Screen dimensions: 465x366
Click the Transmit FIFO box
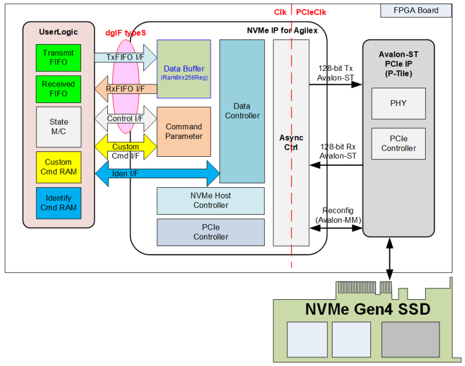point(58,58)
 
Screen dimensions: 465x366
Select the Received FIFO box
point(58,89)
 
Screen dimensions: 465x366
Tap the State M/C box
point(58,127)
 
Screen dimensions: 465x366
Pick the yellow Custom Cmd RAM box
point(58,168)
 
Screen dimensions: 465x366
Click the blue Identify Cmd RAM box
point(58,203)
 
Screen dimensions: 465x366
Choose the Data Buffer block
point(184,69)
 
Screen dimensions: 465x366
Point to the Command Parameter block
point(184,132)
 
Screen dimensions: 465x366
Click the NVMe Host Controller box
point(210,201)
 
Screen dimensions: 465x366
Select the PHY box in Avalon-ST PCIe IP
point(399,104)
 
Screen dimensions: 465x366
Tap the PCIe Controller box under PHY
point(399,144)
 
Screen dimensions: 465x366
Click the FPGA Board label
point(416,11)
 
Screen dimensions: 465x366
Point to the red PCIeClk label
point(311,13)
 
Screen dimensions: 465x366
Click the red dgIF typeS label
point(126,33)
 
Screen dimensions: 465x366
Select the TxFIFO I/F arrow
point(126,58)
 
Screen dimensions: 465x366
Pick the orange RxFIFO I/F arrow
point(126,89)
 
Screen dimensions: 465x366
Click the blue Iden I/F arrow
point(157,173)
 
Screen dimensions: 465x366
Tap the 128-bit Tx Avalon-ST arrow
point(336,85)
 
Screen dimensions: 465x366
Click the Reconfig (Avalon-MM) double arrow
point(336,228)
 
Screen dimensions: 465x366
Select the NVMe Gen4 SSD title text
point(368,309)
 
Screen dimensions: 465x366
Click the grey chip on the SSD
point(410,340)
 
